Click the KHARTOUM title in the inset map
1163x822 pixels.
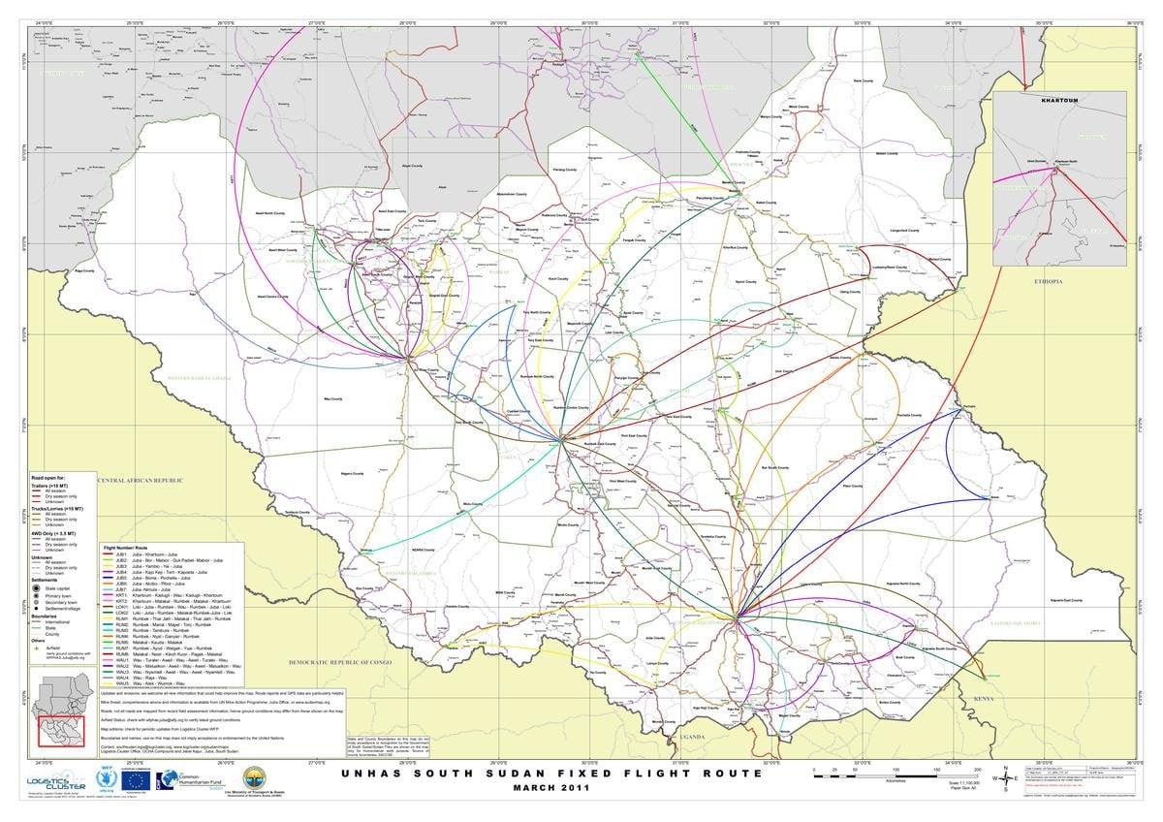point(1058,100)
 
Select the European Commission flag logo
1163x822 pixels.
point(137,780)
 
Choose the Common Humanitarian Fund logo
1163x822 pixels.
point(184,780)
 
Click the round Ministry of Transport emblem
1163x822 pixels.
point(255,778)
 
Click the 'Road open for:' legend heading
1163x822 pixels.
point(48,478)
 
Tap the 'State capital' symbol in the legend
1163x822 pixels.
point(37,588)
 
